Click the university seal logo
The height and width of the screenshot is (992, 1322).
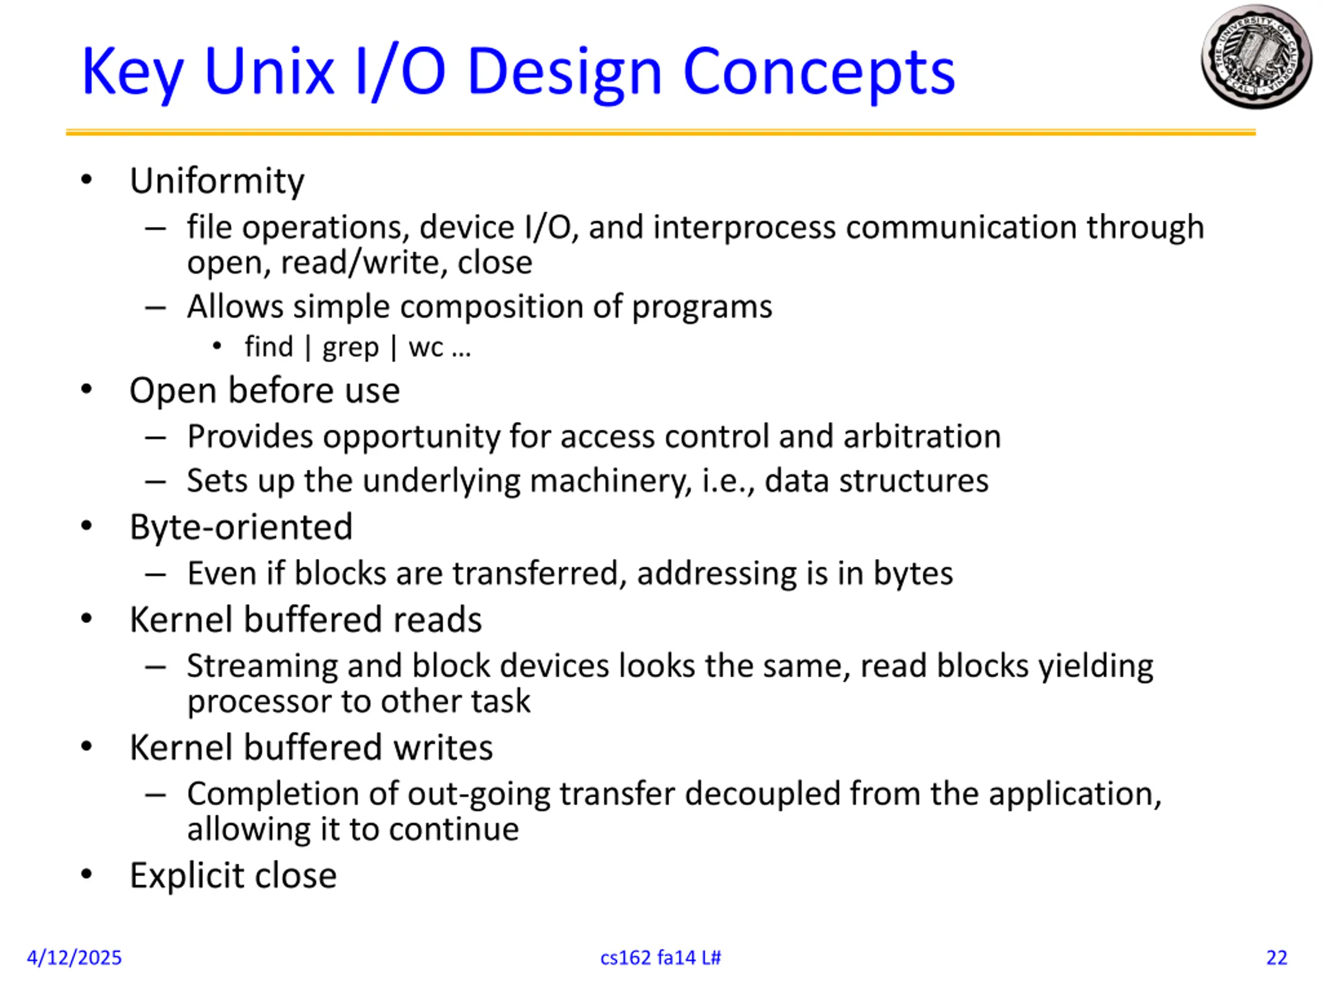pyautogui.click(x=1256, y=57)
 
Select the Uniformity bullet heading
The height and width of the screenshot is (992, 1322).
pyautogui.click(x=217, y=181)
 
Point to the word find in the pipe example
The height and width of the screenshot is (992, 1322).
pyautogui.click(x=269, y=347)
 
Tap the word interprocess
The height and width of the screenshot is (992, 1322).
pyautogui.click(x=744, y=227)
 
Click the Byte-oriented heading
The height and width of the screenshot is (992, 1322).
pyautogui.click(x=241, y=528)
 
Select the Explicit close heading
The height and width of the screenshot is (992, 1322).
pyautogui.click(x=233, y=876)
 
